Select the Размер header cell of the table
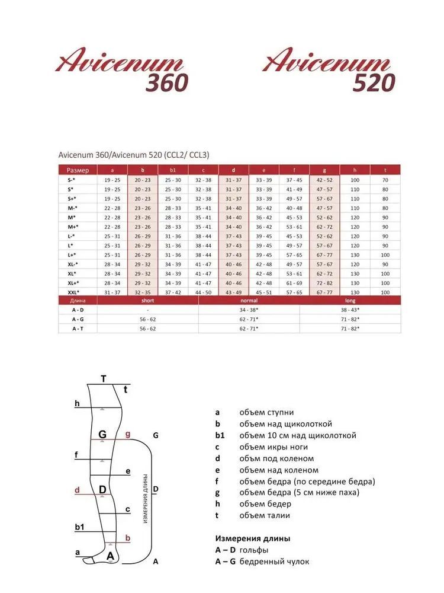[x=78, y=170]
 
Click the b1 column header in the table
[x=173, y=170]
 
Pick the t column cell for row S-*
[x=385, y=179]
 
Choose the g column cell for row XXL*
[x=324, y=292]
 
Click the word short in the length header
[x=147, y=301]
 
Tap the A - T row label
[x=78, y=328]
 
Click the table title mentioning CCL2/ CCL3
[x=134, y=154]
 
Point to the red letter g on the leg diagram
[x=128, y=434]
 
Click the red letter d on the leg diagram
[x=77, y=490]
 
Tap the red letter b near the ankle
[x=128, y=538]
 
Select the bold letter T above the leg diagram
[x=104, y=379]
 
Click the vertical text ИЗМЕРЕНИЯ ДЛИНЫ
[x=145, y=498]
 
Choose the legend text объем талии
[x=265, y=515]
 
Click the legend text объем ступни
[x=266, y=412]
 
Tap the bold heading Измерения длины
[x=253, y=538]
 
